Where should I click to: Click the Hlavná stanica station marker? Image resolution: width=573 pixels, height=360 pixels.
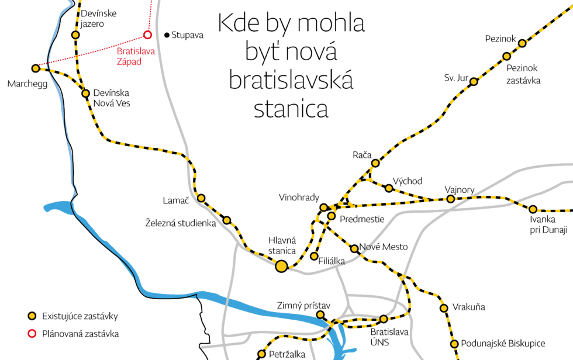281,266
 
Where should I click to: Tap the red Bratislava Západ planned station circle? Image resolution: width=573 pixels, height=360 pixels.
147,34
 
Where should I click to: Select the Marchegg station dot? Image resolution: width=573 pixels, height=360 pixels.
36,68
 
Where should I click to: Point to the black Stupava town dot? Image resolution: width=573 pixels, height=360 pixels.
167,35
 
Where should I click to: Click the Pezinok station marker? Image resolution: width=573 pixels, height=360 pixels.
522,43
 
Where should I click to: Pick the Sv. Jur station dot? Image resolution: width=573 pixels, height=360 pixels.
474,81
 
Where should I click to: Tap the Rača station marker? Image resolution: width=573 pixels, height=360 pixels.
375,163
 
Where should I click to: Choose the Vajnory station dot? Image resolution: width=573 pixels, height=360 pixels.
450,199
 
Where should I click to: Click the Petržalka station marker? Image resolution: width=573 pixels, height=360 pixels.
261,354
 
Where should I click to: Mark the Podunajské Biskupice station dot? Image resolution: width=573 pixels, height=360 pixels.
454,343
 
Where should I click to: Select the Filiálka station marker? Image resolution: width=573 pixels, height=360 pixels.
315,256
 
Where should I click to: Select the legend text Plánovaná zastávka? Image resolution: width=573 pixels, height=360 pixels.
80,334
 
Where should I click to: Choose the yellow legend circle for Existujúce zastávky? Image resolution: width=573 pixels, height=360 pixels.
32,317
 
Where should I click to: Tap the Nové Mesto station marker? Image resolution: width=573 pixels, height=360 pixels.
354,248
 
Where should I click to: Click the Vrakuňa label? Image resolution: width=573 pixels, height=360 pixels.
469,307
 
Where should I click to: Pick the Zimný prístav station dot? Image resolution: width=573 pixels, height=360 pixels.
320,315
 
